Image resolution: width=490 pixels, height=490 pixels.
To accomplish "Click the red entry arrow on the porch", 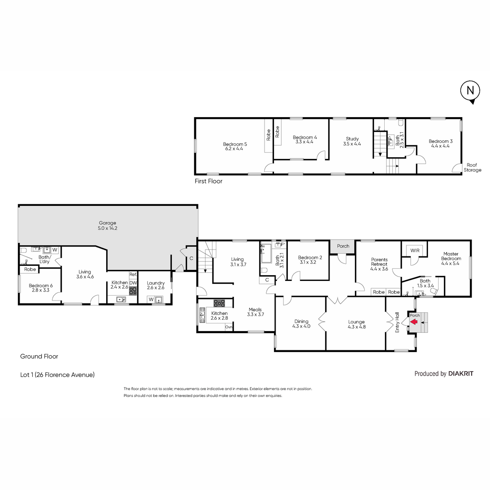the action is (414, 322).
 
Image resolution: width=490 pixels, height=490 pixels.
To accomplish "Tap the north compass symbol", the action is (470, 91).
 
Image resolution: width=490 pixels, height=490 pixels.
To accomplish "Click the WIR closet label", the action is (415, 250).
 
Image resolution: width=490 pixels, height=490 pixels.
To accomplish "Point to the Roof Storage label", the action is (472, 167).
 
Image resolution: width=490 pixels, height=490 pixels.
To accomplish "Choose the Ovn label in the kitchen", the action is (229, 327).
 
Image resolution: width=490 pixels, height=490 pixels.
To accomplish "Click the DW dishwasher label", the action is (133, 283).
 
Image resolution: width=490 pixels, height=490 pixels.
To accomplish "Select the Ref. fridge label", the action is (133, 274).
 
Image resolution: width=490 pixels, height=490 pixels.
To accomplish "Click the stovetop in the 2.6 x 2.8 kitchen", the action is (219, 303).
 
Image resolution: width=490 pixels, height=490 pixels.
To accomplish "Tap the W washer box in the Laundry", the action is (151, 299).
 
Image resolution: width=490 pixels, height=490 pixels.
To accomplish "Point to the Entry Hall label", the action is (397, 322).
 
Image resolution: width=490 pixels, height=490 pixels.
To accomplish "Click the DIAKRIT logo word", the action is (461, 374).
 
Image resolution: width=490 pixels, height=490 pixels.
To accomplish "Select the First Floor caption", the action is (209, 181).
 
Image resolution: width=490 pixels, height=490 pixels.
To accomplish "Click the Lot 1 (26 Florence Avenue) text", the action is (58, 374).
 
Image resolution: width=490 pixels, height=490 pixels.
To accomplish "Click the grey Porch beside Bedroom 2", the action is (343, 247).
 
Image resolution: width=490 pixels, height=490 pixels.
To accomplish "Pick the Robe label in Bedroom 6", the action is (30, 269).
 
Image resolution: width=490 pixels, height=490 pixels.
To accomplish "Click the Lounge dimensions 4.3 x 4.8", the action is (357, 327).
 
